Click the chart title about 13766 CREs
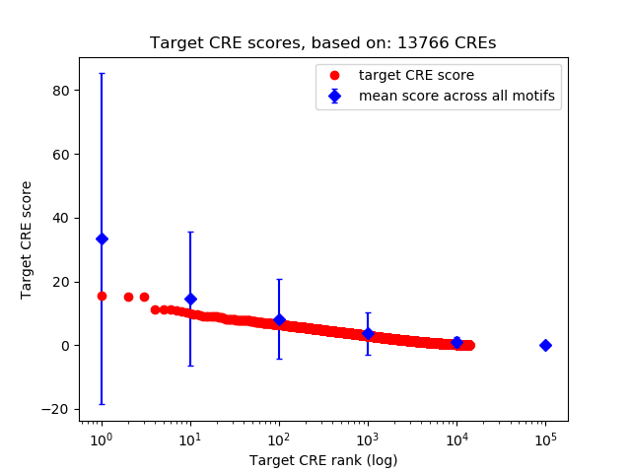point(322,43)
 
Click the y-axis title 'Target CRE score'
point(27,239)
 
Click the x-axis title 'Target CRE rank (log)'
point(322,460)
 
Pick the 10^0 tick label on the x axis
point(102,438)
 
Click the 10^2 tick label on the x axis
point(279,438)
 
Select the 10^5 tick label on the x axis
point(545,438)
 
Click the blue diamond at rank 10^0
point(102,238)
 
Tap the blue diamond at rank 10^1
point(190,299)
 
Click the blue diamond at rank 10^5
point(545,345)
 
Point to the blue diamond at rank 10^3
point(368,333)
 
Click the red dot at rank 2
point(128,297)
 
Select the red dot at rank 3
point(144,297)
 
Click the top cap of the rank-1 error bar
point(102,73)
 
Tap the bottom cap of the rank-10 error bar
point(190,366)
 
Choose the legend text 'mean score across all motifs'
point(456,96)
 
